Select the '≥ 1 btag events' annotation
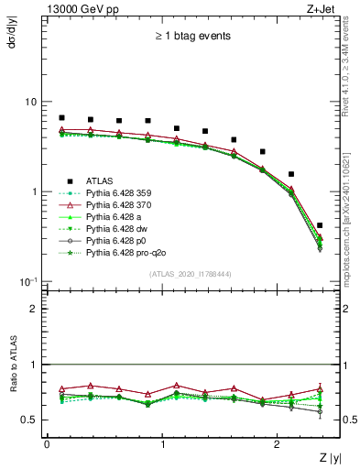[x=191, y=37]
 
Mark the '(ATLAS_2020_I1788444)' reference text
[x=191, y=274]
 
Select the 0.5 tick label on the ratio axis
[x=28, y=420]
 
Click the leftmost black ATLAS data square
[x=61, y=117]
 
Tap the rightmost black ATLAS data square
[x=320, y=224]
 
